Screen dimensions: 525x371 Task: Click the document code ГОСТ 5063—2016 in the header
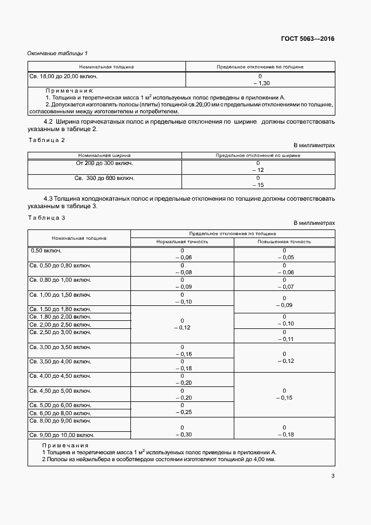click(307, 39)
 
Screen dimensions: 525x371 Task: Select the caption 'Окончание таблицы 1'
click(57, 53)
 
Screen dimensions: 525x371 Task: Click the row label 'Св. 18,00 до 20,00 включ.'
click(63, 76)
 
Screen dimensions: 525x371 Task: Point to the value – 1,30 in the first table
click(260, 83)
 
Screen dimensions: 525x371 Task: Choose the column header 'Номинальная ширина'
click(105, 155)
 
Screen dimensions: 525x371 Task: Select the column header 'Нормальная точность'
click(182, 242)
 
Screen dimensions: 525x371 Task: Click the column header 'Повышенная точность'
click(284, 242)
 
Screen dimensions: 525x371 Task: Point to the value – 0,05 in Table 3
click(284, 258)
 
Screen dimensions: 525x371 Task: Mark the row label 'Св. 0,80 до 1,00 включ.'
click(60, 280)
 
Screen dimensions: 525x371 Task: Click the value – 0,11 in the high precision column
click(284, 339)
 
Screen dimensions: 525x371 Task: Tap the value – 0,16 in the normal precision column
click(182, 354)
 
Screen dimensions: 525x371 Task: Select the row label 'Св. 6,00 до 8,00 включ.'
click(60, 413)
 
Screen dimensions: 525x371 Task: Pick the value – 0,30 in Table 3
click(182, 435)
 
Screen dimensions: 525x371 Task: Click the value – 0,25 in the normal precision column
click(182, 412)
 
